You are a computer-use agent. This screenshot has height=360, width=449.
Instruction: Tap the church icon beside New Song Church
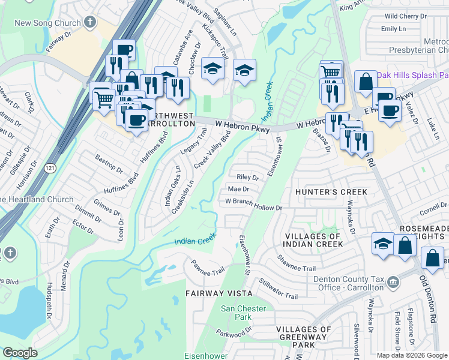pos(90,23)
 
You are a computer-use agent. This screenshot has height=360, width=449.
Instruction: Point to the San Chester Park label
pos(243,312)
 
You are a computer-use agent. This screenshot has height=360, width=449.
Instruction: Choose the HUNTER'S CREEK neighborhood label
pos(331,192)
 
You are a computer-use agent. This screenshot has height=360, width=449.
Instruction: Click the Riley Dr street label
pos(247,178)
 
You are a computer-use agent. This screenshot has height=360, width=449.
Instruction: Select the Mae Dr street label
pos(238,190)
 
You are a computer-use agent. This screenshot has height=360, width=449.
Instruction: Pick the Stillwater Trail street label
pos(278,288)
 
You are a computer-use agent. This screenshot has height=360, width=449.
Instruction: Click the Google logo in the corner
pos(20,353)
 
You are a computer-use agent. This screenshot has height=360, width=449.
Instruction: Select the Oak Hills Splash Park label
pos(414,75)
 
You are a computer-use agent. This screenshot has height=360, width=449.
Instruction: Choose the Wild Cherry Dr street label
pos(406,16)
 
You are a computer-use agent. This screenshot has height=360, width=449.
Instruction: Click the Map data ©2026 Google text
pos(411,355)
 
